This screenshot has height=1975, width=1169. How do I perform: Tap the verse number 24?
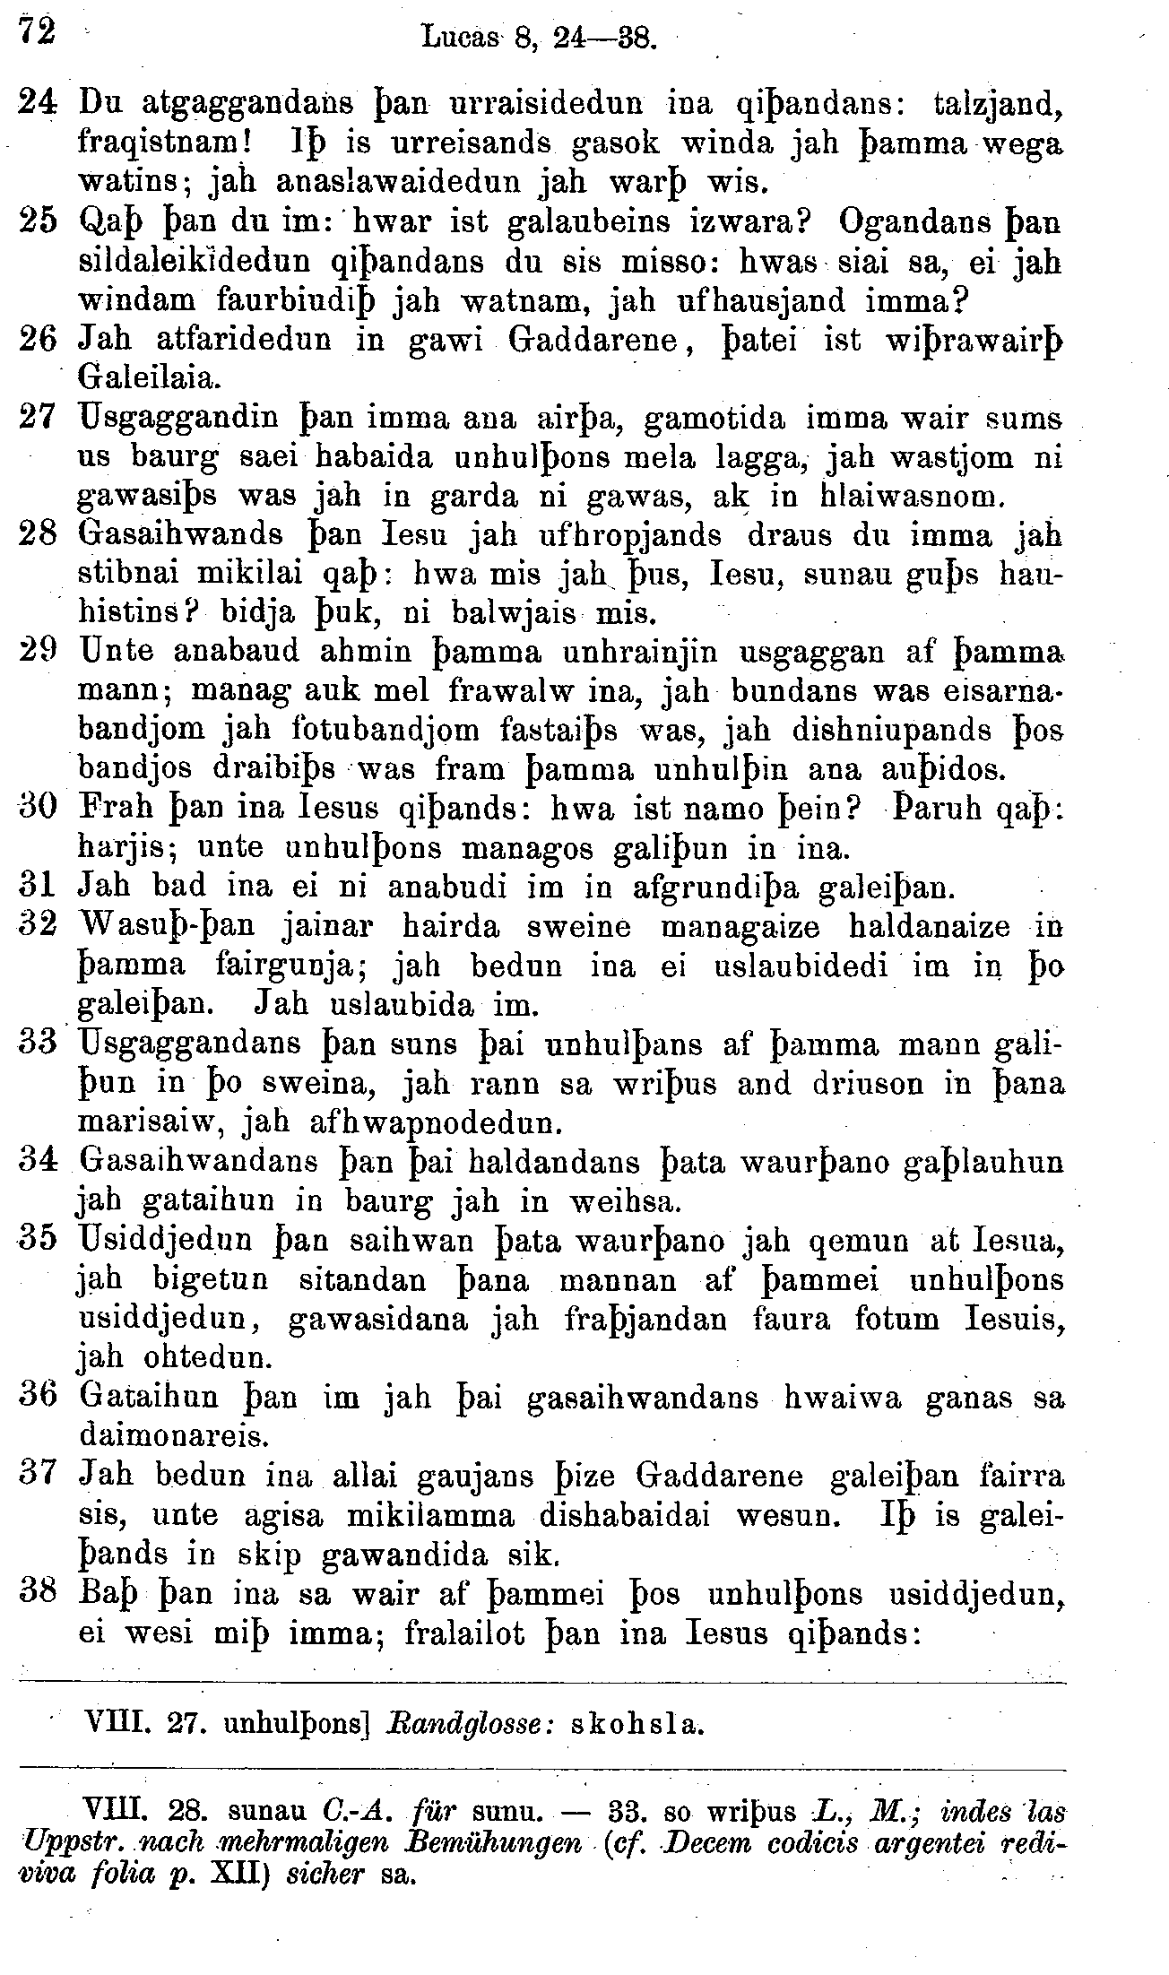(x=38, y=105)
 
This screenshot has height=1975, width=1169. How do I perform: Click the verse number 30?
(x=39, y=807)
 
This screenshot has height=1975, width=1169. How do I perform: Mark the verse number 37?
(x=39, y=1476)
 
